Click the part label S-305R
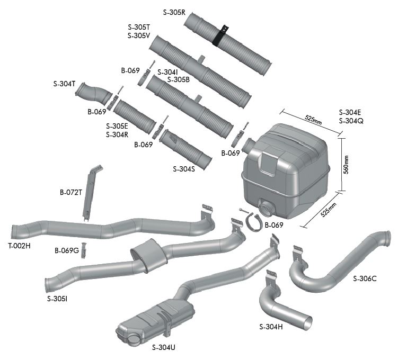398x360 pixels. pos(173,11)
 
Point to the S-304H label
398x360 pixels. pos(271,327)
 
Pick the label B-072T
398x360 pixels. pos(70,192)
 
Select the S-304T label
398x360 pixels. pos(65,84)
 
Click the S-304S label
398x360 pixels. pos(184,169)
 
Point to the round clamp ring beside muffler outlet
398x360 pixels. pos(254,222)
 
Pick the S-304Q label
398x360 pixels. pos(351,121)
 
